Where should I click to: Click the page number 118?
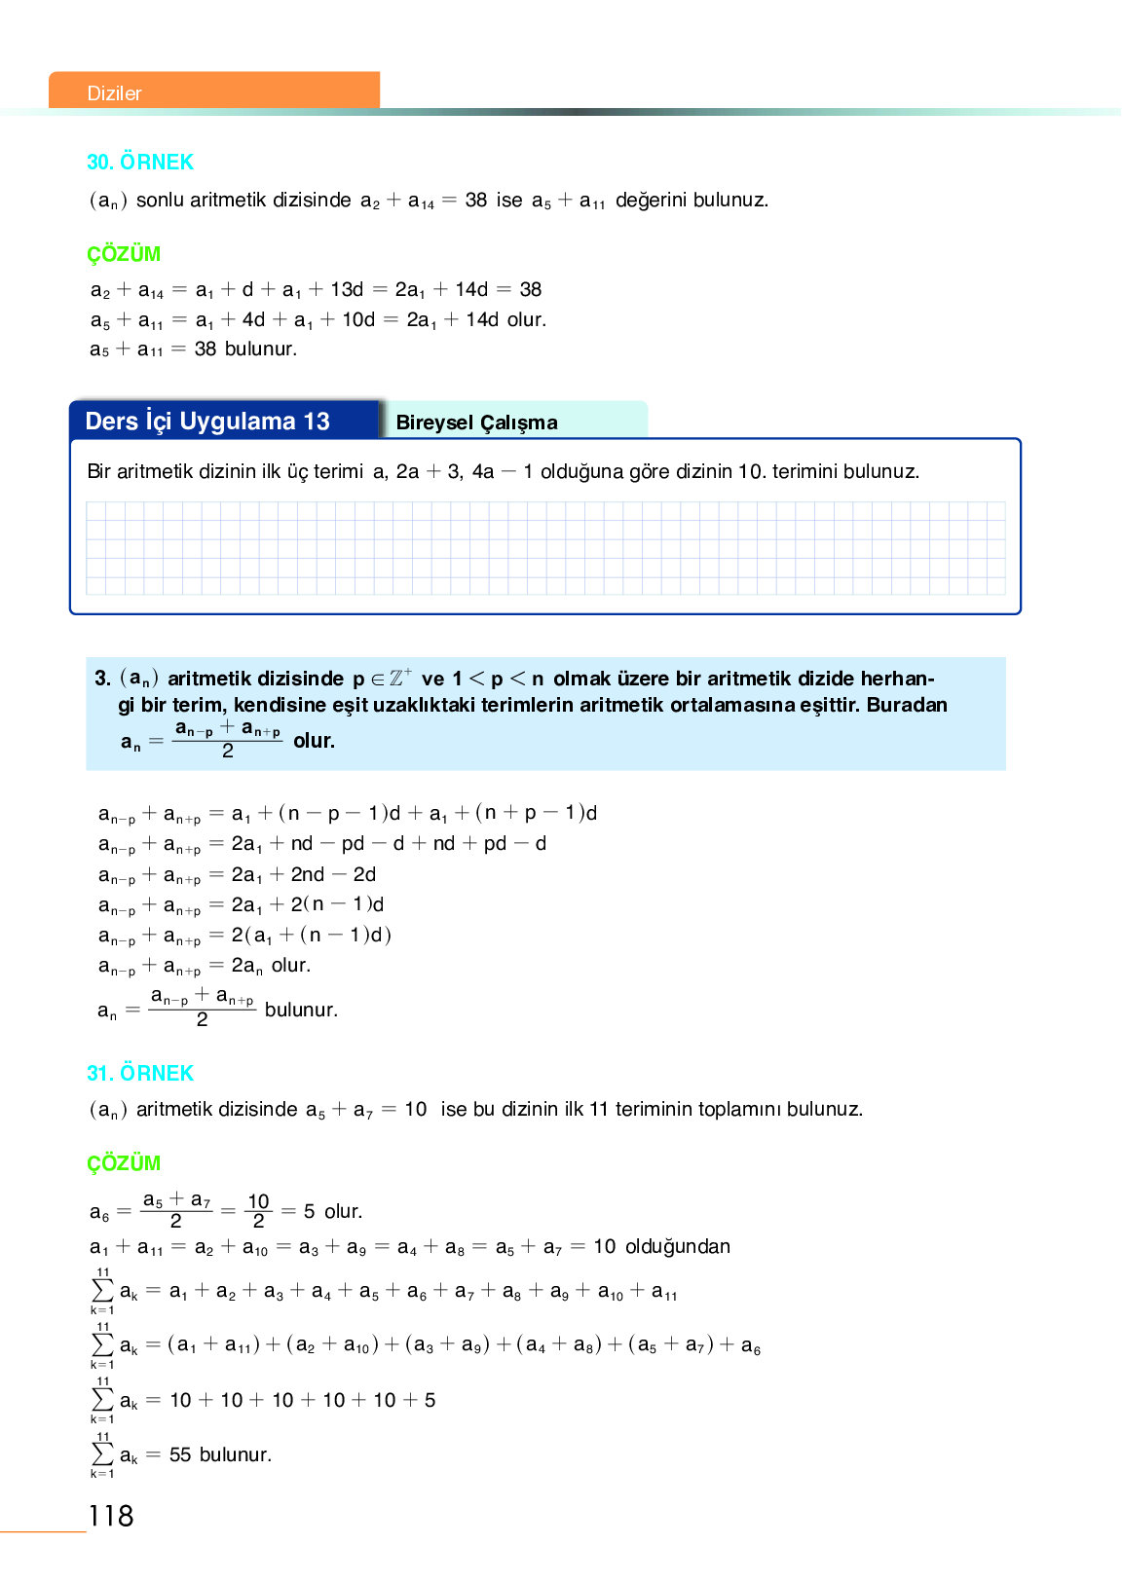[x=111, y=1516]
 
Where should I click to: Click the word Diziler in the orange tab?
[x=114, y=93]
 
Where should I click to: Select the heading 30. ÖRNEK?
[x=140, y=162]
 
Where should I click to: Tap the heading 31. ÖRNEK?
[x=140, y=1073]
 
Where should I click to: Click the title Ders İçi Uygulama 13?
[x=207, y=422]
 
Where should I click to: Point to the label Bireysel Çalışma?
[x=476, y=423]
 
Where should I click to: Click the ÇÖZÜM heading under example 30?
[x=124, y=254]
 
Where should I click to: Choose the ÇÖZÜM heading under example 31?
[x=124, y=1163]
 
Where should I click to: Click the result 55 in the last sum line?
[x=180, y=1454]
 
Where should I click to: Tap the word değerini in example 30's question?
[x=654, y=201]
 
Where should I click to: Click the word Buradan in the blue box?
[x=907, y=705]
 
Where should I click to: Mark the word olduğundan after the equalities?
[x=677, y=1247]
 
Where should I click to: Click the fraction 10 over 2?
[x=258, y=1211]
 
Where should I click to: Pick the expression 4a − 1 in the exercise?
[x=503, y=472]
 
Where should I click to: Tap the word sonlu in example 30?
[x=160, y=201]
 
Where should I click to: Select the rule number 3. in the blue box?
[x=102, y=679]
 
